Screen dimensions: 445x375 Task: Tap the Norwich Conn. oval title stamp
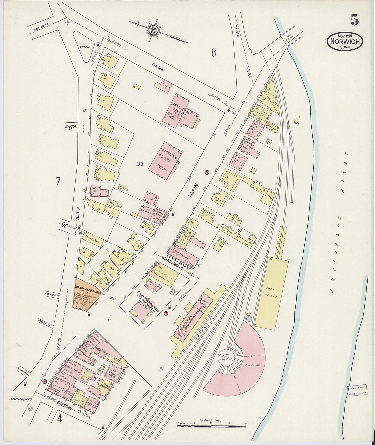tap(345, 42)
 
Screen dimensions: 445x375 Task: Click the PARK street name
tap(158, 68)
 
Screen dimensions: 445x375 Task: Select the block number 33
tap(140, 164)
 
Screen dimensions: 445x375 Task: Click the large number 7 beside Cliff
tap(58, 181)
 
